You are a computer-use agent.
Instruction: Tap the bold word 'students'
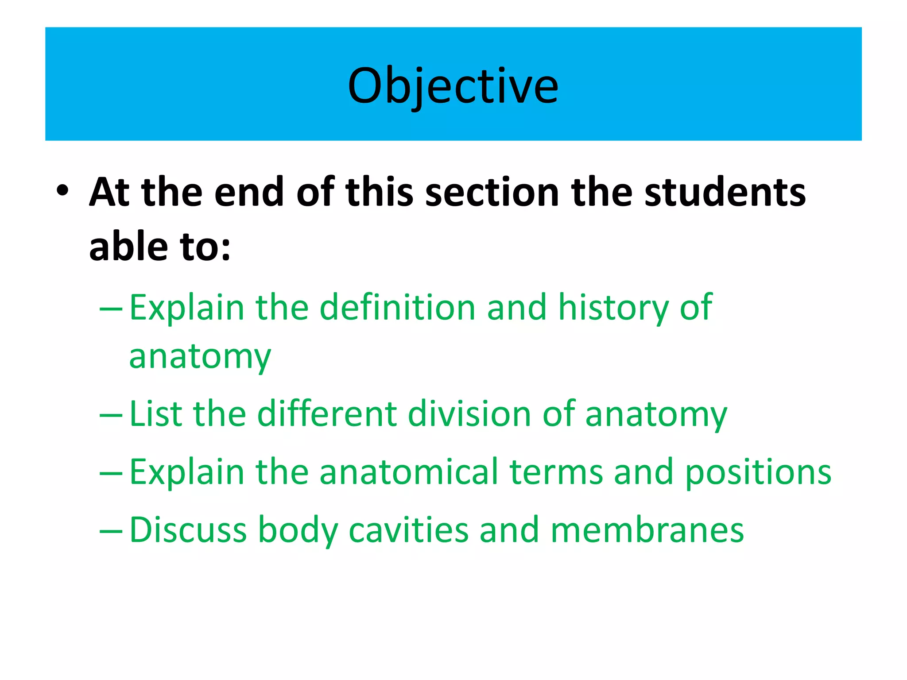click(x=725, y=192)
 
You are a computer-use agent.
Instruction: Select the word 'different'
click(x=327, y=413)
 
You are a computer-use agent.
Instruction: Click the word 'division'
click(x=469, y=413)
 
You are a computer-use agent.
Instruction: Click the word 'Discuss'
click(x=188, y=530)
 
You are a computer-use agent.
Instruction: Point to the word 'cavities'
click(x=408, y=530)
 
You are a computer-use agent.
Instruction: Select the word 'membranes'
click(x=647, y=530)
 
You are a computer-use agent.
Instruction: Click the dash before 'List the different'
click(x=111, y=416)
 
